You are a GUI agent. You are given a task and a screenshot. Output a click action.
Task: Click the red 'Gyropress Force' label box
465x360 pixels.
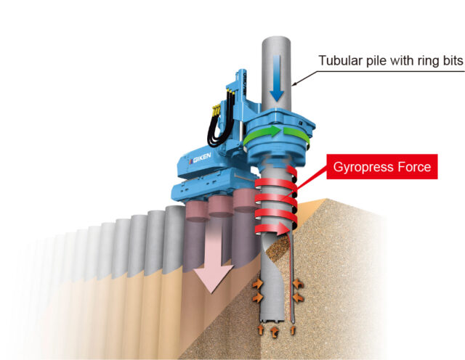tap(381, 168)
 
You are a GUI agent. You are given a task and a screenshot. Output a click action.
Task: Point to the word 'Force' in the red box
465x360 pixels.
tap(415, 168)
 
